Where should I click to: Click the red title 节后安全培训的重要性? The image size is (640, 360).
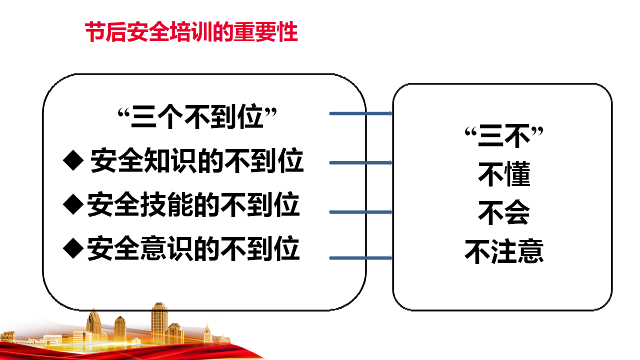coord(191,32)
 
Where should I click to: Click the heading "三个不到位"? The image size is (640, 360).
coord(197,116)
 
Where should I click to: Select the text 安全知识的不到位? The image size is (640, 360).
coord(197,160)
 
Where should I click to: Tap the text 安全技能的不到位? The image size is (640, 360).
coord(193,204)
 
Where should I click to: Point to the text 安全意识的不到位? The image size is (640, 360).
coord(193,248)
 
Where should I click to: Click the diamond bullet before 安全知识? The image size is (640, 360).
coord(73,160)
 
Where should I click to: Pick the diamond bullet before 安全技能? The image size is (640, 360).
coord(73,204)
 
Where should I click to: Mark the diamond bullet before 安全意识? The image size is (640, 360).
coord(73,248)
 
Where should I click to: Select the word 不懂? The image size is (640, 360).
coord(504,174)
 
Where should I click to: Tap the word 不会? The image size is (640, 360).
coord(504,212)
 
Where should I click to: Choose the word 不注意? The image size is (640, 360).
coord(504,251)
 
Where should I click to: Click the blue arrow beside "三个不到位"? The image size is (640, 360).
coord(361,113)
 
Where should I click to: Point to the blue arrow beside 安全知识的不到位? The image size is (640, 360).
coord(361,163)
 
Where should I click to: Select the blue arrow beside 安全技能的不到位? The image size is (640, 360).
coord(361,212)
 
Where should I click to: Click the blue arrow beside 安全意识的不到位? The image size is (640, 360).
coord(361,258)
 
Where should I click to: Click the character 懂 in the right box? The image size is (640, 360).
coord(517,174)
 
